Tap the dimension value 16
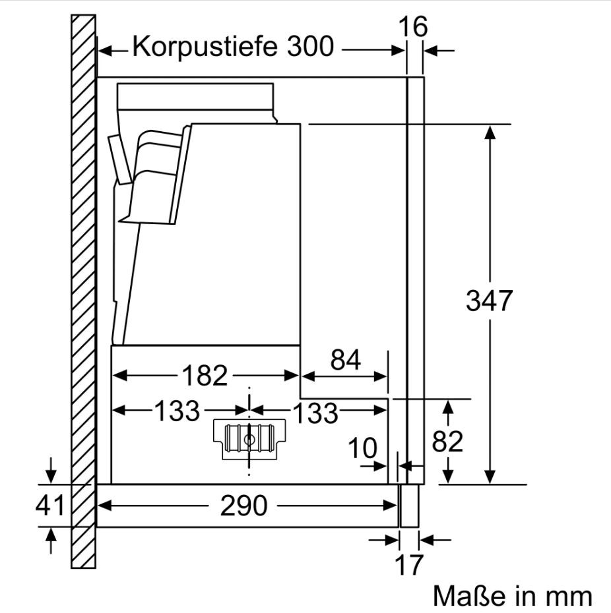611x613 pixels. click(414, 28)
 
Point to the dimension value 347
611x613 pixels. click(489, 301)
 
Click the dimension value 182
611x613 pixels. click(205, 376)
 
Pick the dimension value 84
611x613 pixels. click(346, 361)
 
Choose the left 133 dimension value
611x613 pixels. click(177, 412)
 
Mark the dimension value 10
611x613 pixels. click(362, 449)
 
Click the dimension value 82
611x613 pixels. click(447, 442)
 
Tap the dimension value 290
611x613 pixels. click(243, 506)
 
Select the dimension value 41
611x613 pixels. click(50, 506)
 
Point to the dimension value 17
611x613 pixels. click(409, 565)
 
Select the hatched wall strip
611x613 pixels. click(84, 290)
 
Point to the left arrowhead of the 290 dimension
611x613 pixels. click(103, 506)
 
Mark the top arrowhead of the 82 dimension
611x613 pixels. click(447, 405)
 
